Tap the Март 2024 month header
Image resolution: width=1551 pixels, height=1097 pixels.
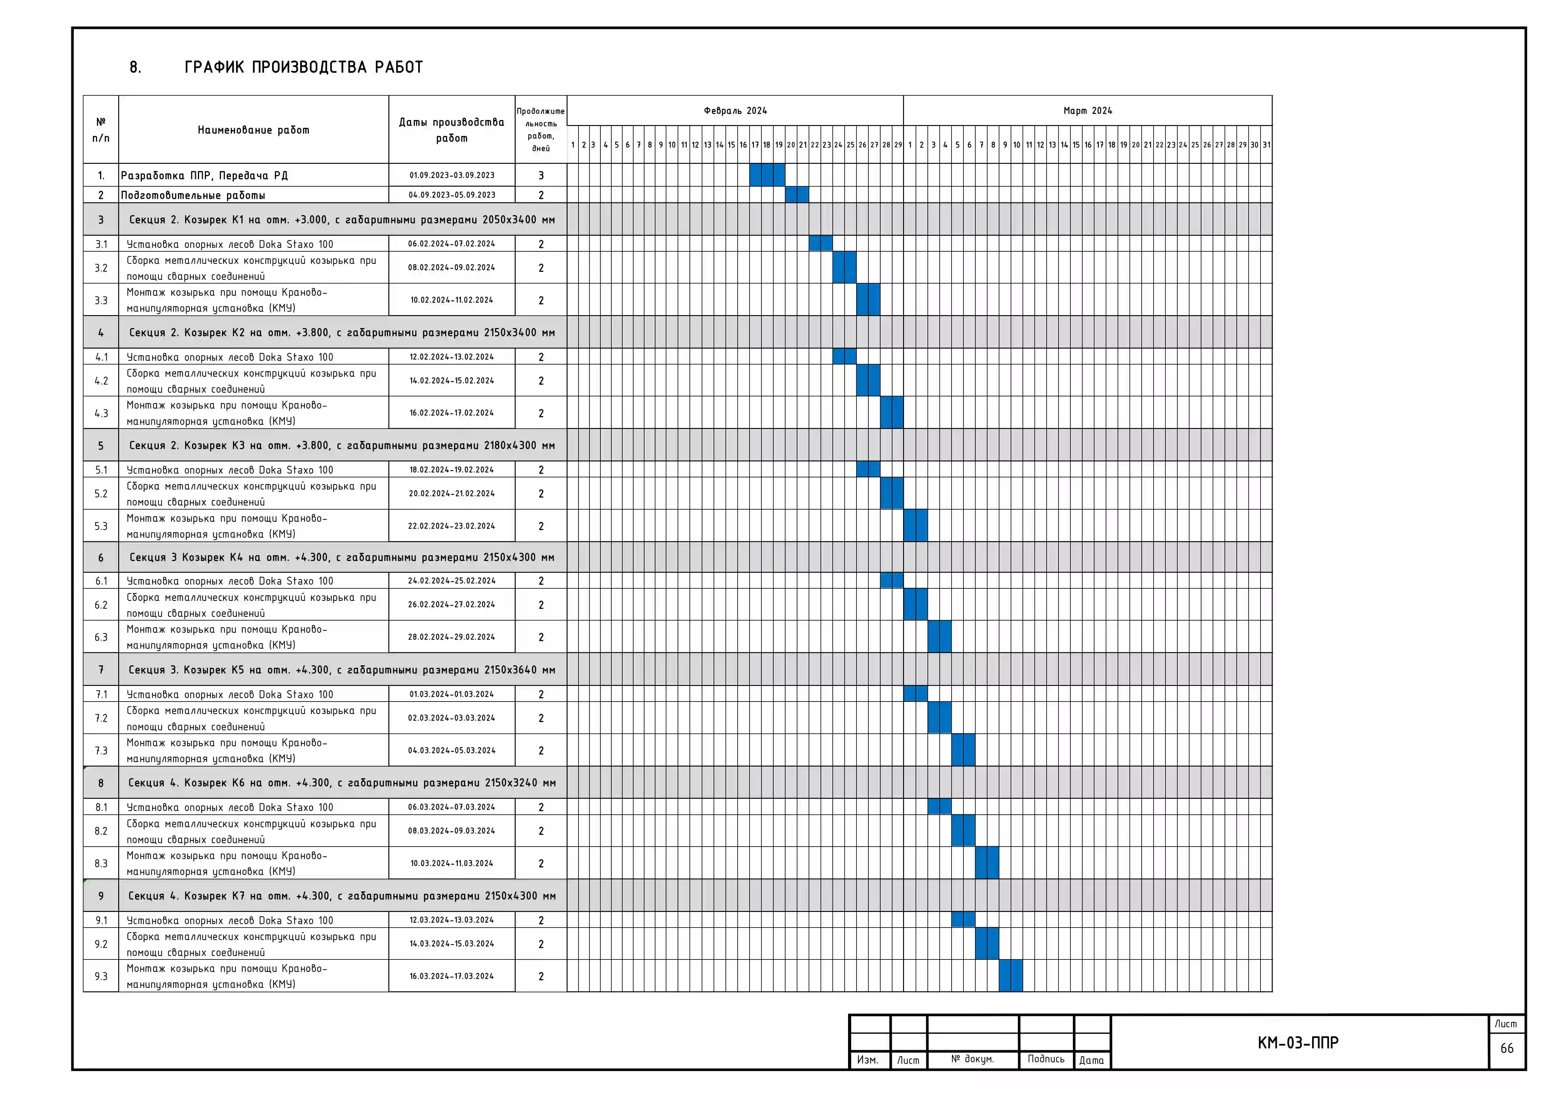(1088, 111)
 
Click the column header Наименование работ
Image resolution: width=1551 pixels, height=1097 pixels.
(253, 130)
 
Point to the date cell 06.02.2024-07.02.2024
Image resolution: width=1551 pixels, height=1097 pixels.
(451, 244)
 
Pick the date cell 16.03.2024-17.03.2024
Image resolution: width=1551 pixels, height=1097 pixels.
(451, 976)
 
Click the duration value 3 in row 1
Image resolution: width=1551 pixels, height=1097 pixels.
(541, 176)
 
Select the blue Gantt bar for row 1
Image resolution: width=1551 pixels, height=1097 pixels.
(767, 175)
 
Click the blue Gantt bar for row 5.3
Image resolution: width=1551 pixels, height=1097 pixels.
(915, 526)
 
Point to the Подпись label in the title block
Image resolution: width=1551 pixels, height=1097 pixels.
(1046, 1059)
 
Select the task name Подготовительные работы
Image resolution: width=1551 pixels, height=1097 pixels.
(193, 195)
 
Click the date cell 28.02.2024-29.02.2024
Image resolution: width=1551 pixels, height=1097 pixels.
(451, 637)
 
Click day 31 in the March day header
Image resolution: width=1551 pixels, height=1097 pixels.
(1267, 144)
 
